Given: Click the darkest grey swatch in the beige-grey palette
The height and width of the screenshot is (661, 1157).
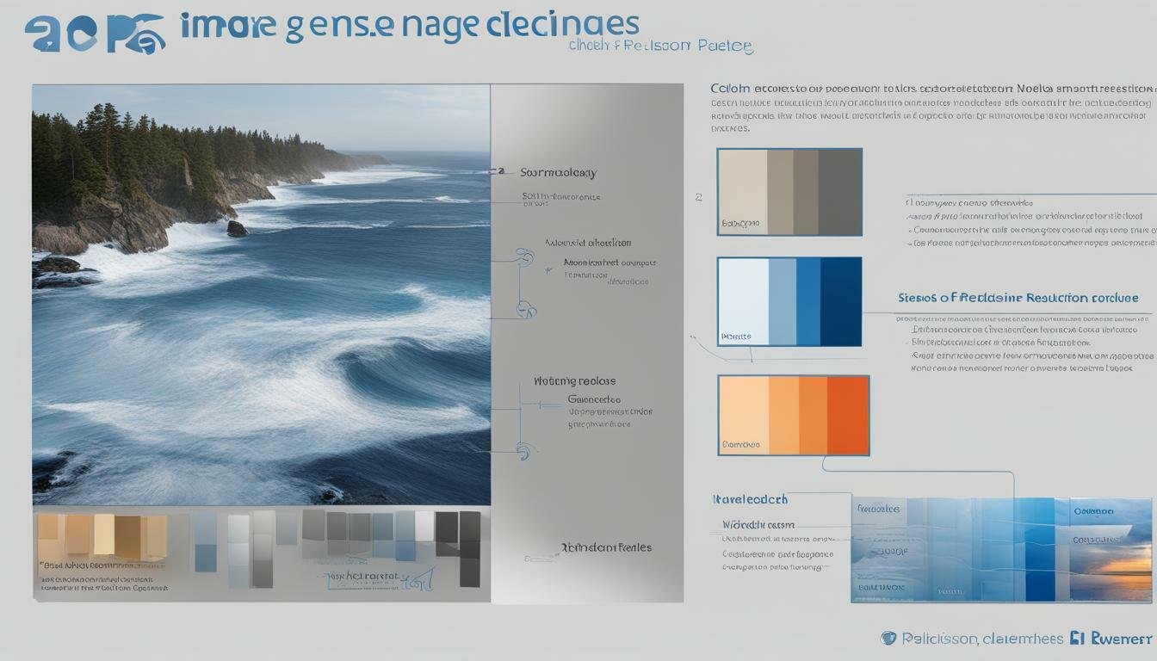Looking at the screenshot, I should pos(839,191).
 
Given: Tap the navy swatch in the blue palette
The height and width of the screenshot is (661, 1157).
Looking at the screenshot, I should pos(840,301).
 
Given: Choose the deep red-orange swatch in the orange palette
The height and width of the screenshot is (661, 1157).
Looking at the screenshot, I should pos(848,415).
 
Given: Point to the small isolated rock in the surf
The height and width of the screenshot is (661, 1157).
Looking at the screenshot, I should pos(237,229).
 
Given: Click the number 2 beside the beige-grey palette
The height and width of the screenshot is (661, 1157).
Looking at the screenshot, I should pos(698,197).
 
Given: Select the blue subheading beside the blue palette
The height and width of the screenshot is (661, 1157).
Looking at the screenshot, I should pos(1018,298).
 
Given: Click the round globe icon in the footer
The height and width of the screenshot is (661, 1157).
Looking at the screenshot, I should pos(888,638).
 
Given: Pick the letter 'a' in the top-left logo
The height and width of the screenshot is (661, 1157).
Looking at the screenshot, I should pos(42,34).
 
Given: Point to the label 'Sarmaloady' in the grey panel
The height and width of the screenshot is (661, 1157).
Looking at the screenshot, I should pos(558,173).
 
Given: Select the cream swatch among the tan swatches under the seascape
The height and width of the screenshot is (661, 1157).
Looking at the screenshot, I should pos(104,534).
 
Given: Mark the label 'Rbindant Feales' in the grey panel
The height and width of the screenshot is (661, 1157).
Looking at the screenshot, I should pos(606,547).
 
